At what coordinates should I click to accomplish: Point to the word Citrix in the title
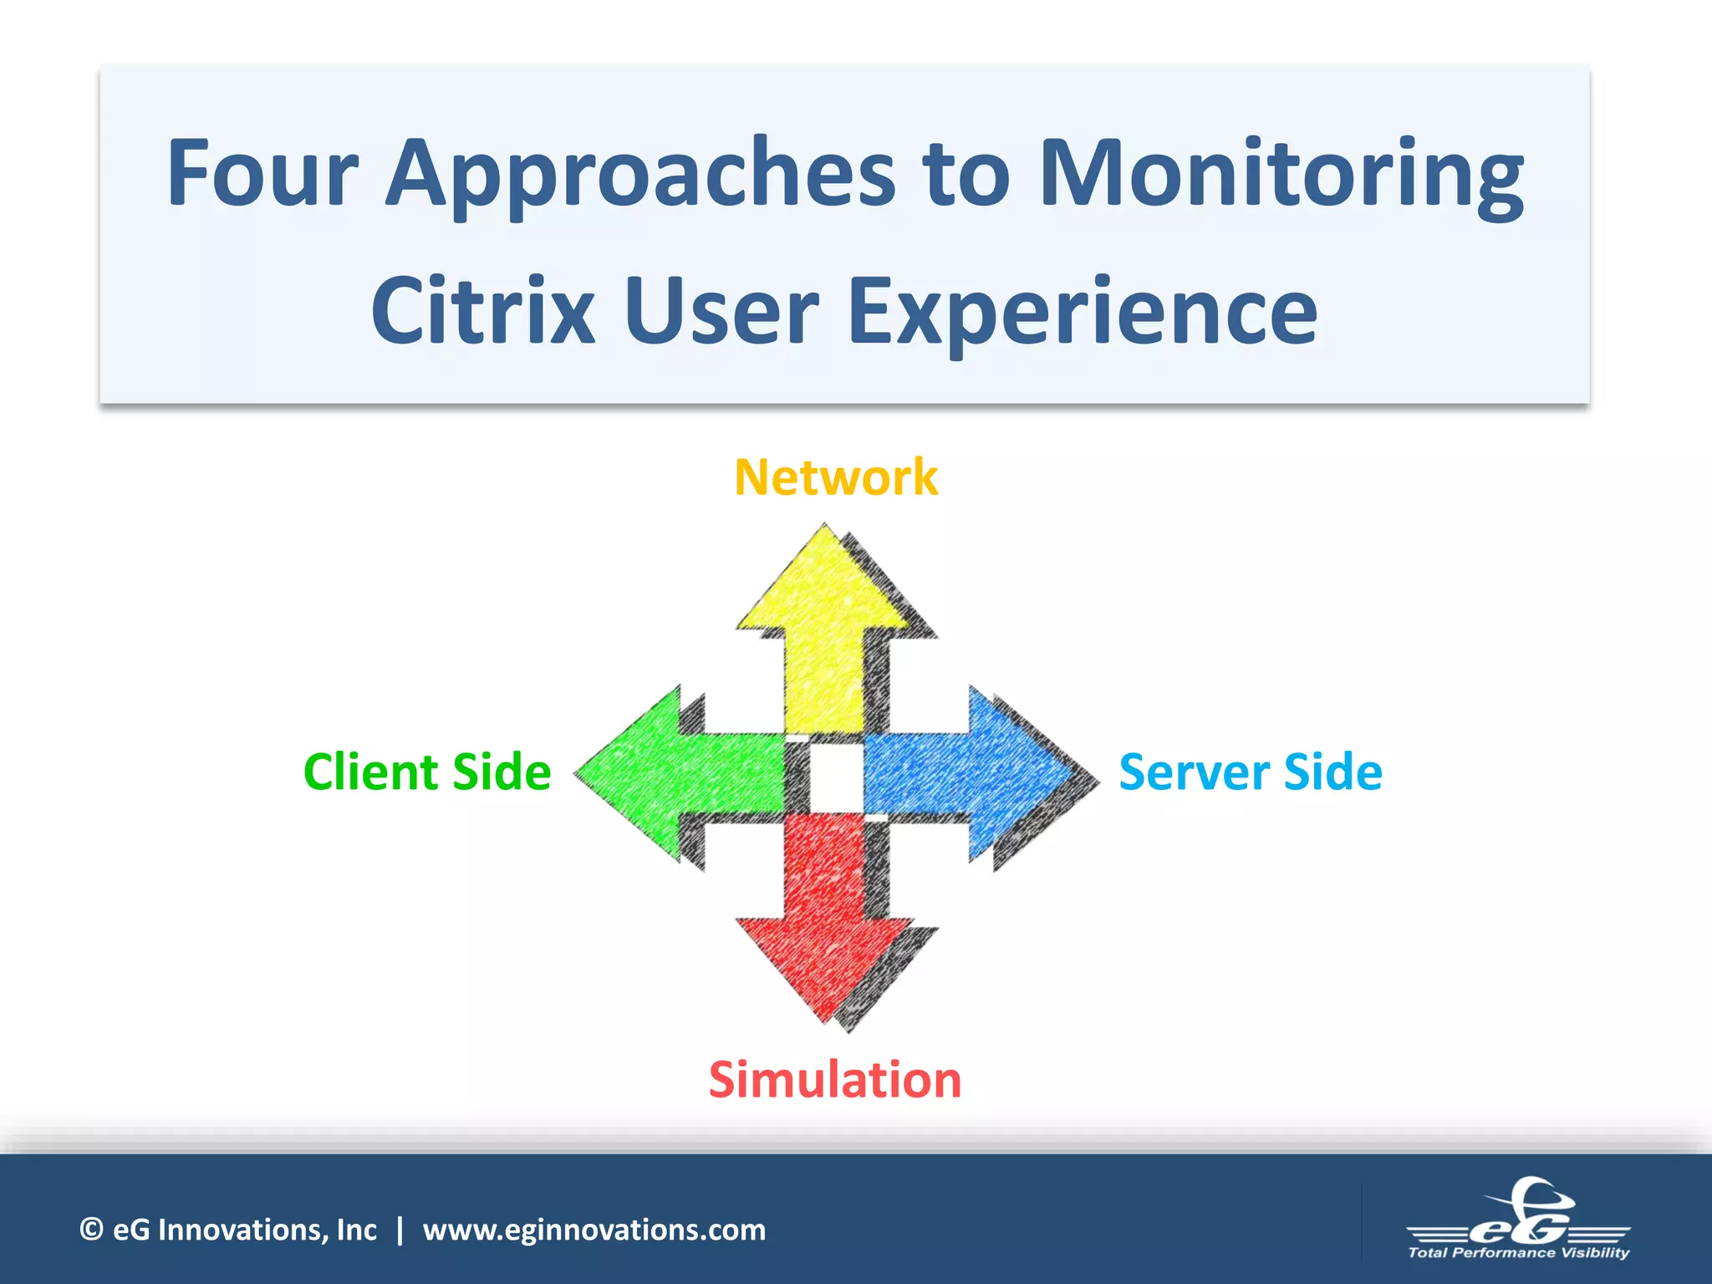(482, 311)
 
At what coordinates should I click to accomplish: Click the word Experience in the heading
(1083, 311)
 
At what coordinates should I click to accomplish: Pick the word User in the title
(721, 311)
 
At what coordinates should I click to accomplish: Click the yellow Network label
(836, 477)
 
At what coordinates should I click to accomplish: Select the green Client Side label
(427, 772)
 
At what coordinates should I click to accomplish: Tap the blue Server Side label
(1251, 772)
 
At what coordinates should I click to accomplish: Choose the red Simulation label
(835, 1079)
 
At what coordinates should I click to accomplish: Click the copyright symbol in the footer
(91, 1230)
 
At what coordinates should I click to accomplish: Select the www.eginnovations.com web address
(594, 1230)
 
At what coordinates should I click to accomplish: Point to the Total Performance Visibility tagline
(1518, 1252)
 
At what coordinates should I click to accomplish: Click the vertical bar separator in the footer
(400, 1230)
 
